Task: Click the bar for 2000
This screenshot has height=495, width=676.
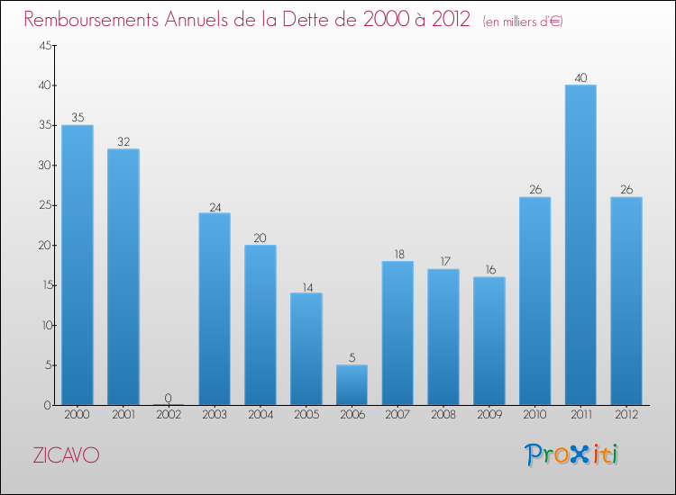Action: pyautogui.click(x=78, y=265)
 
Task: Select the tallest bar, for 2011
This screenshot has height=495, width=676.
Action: pyautogui.click(x=580, y=245)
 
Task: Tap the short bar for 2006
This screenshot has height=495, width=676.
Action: pyautogui.click(x=352, y=384)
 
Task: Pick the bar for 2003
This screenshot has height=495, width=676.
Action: pyautogui.click(x=215, y=309)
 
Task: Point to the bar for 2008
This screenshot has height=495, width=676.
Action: pyautogui.click(x=443, y=337)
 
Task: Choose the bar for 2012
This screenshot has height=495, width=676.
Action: pyautogui.click(x=626, y=301)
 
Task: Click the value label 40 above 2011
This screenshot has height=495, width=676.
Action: pyautogui.click(x=580, y=77)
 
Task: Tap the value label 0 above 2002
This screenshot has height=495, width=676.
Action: pyautogui.click(x=169, y=398)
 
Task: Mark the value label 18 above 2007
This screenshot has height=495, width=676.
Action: pyautogui.click(x=397, y=254)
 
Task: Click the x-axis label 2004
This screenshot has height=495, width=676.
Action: pyautogui.click(x=260, y=415)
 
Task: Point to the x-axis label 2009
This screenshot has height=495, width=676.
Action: pyautogui.click(x=489, y=415)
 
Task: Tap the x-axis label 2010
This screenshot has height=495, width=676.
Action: pyautogui.click(x=534, y=415)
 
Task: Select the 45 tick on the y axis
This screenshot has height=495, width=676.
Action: pyautogui.click(x=43, y=46)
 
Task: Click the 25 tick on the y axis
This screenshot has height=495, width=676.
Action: pyautogui.click(x=43, y=205)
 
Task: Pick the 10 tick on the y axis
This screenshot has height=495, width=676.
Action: pyautogui.click(x=43, y=325)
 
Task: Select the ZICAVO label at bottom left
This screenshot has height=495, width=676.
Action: pyautogui.click(x=66, y=455)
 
